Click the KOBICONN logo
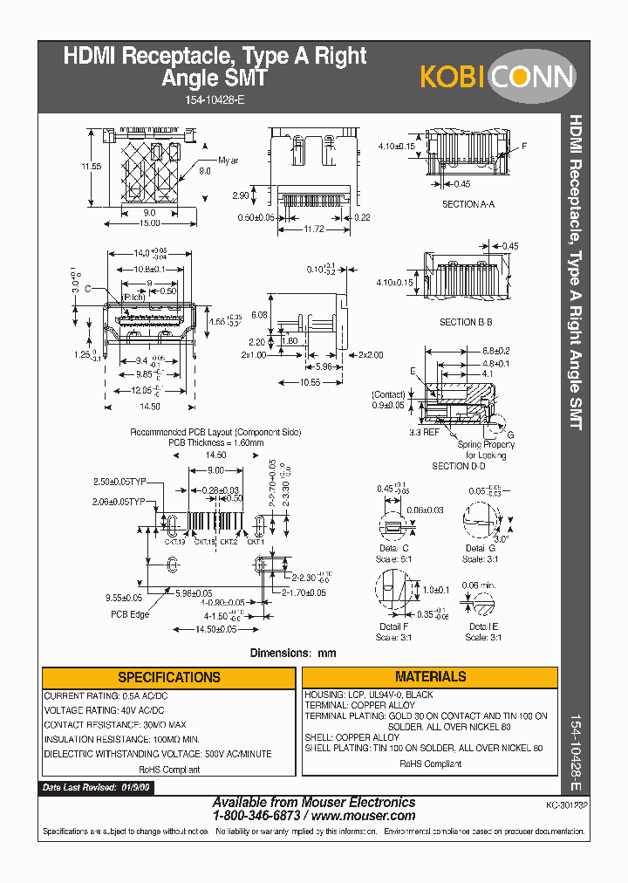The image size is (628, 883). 497,77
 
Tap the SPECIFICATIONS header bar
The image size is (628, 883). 168,677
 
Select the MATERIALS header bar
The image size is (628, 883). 430,676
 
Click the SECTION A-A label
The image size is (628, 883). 468,204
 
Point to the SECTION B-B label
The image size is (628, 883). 466,322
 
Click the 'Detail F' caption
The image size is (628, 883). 393,626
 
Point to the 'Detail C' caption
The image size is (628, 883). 393,547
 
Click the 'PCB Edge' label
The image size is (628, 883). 129,614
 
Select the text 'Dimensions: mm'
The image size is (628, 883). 293,653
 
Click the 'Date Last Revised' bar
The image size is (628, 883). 96,787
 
